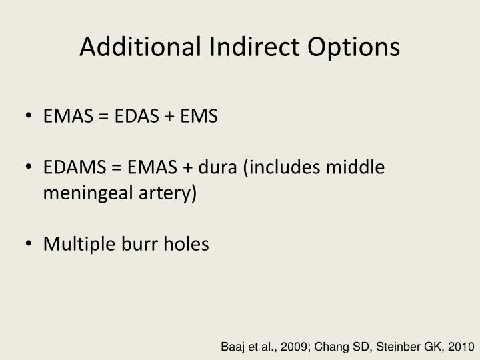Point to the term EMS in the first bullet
tap(198, 117)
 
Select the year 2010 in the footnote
tap(461, 347)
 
